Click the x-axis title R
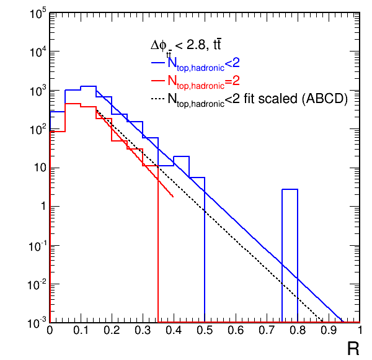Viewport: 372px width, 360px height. [353, 348]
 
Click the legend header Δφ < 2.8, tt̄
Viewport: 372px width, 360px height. [186, 45]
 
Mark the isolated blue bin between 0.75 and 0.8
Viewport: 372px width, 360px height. [290, 254]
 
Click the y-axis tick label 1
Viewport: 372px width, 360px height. [40, 207]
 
